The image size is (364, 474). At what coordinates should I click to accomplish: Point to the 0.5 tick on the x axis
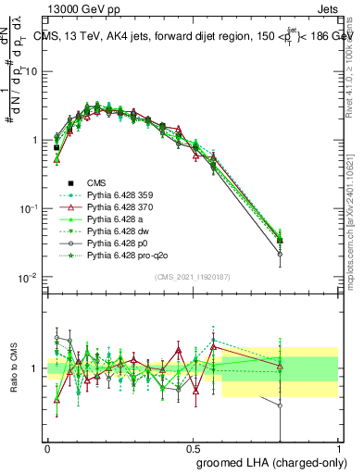193,445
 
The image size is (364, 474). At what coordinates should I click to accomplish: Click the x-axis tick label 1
338,445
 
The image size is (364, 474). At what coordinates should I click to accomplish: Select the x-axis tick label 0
47,445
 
